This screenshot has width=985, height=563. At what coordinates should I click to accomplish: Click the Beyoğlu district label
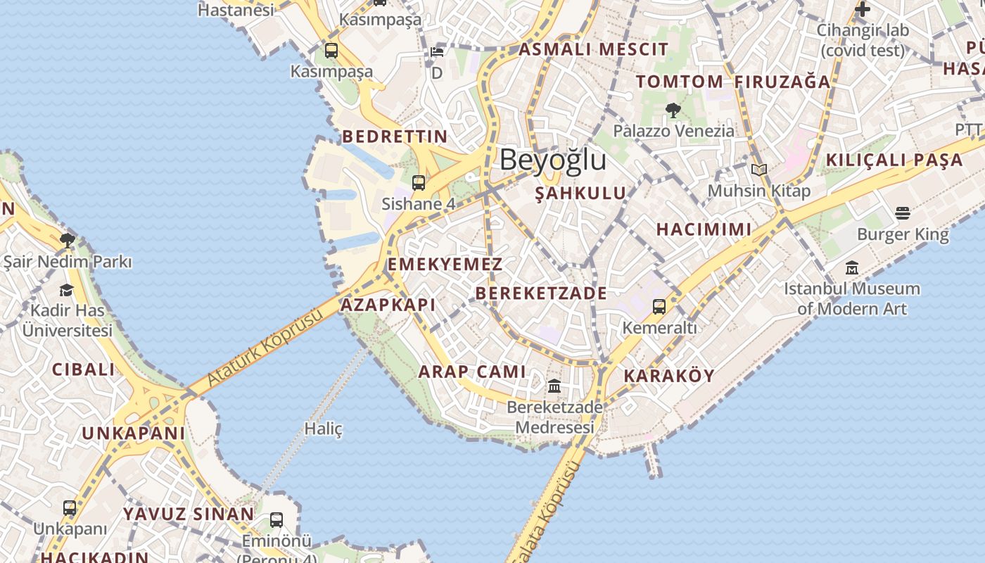pyautogui.click(x=552, y=160)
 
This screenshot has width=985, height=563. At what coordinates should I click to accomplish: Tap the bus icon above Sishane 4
pyautogui.click(x=419, y=183)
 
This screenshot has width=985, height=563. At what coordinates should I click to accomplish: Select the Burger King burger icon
pyautogui.click(x=903, y=213)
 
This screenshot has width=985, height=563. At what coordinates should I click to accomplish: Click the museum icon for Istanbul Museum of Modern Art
pyautogui.click(x=852, y=268)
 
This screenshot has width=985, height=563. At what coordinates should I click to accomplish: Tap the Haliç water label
pyautogui.click(x=323, y=428)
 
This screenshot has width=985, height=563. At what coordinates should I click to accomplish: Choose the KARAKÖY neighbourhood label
pyautogui.click(x=669, y=376)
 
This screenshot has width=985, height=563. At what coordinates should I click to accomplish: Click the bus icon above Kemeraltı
pyautogui.click(x=659, y=306)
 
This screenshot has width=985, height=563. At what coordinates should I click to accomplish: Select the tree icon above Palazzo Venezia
pyautogui.click(x=673, y=110)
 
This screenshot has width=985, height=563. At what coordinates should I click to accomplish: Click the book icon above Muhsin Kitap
pyautogui.click(x=758, y=170)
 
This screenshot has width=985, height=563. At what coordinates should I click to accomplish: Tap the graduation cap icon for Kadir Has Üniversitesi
pyautogui.click(x=66, y=290)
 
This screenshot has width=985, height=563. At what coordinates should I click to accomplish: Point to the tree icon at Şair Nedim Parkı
pyautogui.click(x=68, y=241)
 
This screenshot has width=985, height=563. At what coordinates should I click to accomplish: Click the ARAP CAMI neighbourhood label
pyautogui.click(x=472, y=372)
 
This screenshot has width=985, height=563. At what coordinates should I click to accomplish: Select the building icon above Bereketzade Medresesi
pyautogui.click(x=554, y=386)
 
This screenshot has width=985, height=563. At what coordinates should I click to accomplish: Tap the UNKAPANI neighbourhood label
pyautogui.click(x=133, y=434)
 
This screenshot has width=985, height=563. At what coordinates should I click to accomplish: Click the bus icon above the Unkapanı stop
pyautogui.click(x=70, y=507)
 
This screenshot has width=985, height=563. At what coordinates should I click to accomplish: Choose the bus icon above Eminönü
pyautogui.click(x=277, y=520)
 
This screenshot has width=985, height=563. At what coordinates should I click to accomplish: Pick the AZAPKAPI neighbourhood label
pyautogui.click(x=388, y=305)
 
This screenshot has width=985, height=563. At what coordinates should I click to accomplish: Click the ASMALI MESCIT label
pyautogui.click(x=593, y=49)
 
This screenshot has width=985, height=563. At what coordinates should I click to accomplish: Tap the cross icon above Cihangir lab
pyautogui.click(x=862, y=9)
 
